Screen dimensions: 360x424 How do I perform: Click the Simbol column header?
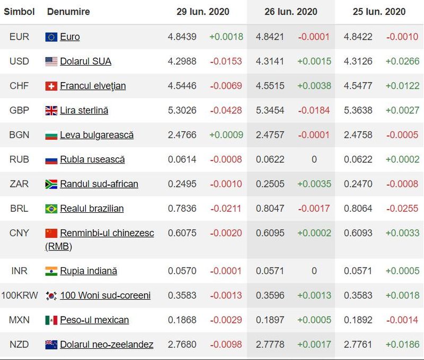pyautogui.click(x=20, y=12)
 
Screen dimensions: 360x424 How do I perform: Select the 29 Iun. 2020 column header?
pyautogui.click(x=203, y=12)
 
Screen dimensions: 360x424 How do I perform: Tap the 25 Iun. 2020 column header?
pyautogui.click(x=379, y=12)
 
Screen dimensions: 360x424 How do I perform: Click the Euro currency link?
pyautogui.click(x=70, y=37)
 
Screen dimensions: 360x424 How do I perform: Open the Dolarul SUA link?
pyautogui.click(x=85, y=61)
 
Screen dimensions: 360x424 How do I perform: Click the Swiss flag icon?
pyautogui.click(x=51, y=86)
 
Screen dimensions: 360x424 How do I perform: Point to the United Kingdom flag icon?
pyautogui.click(x=51, y=111)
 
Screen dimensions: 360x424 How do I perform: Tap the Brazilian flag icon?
pyautogui.click(x=51, y=209)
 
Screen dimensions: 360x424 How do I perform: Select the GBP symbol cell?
pyautogui.click(x=20, y=111)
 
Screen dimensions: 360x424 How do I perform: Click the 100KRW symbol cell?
pyautogui.click(x=20, y=295)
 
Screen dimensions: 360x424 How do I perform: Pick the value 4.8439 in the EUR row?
pyautogui.click(x=182, y=37)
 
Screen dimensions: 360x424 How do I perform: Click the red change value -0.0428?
pyautogui.click(x=226, y=111)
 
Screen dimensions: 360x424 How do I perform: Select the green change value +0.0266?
pyautogui.click(x=402, y=61)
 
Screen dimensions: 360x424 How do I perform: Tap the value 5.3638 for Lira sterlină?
pyautogui.click(x=358, y=111)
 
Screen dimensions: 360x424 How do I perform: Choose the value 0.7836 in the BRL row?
pyautogui.click(x=182, y=209)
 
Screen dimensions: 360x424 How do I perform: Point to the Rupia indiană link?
pyautogui.click(x=89, y=271)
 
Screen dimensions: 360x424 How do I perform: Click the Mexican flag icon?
pyautogui.click(x=51, y=320)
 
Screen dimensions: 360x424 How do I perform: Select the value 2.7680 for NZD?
pyautogui.click(x=182, y=345)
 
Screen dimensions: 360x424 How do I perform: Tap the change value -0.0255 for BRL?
pyautogui.click(x=402, y=209)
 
